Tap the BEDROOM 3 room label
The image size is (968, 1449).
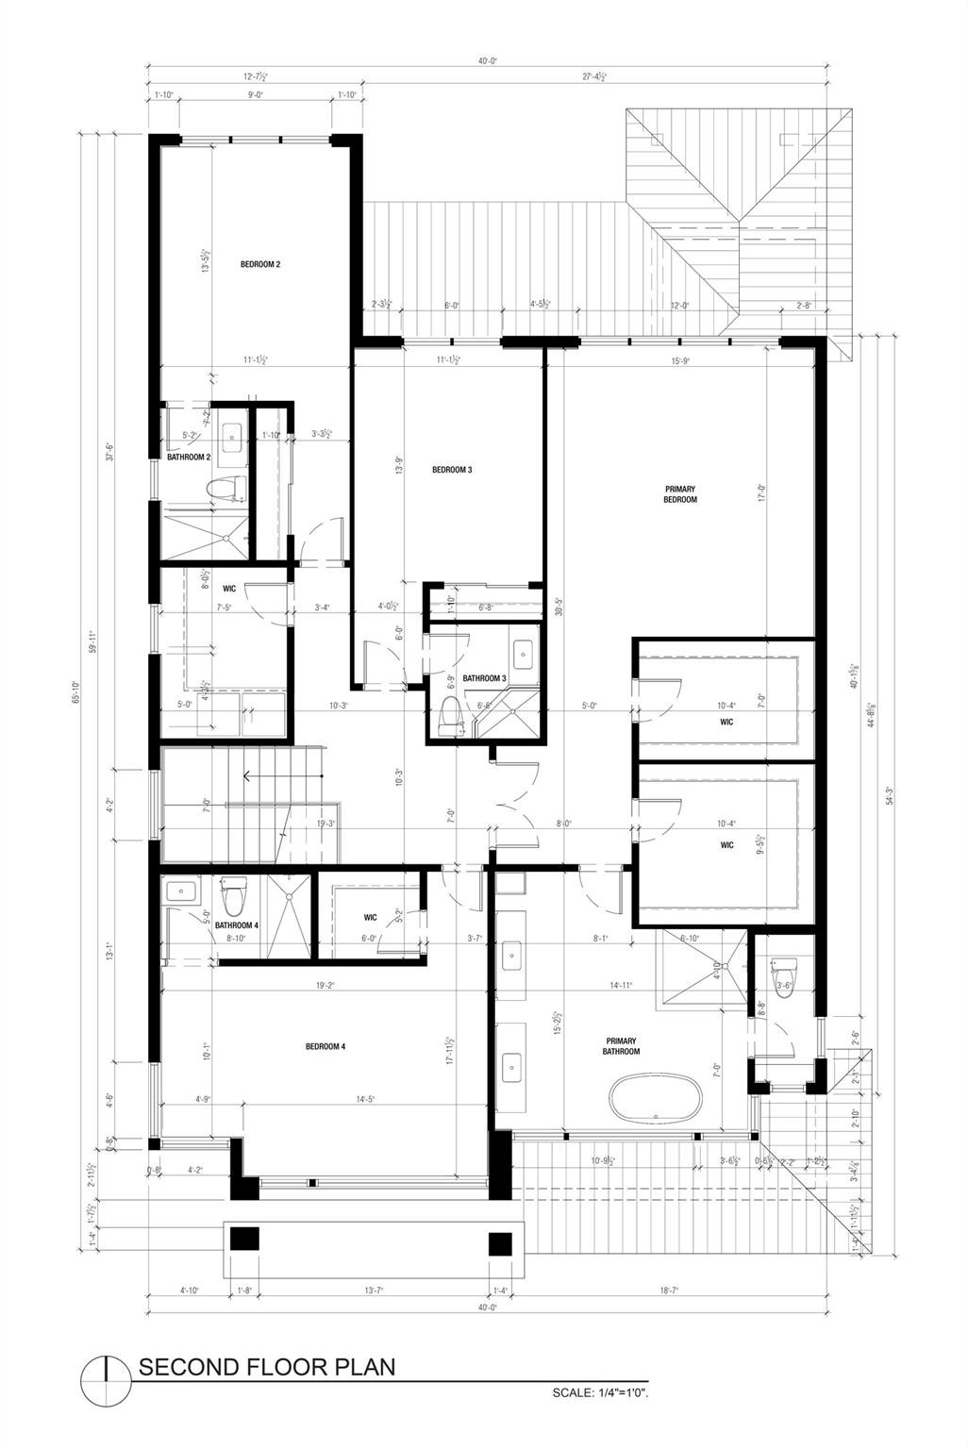452,470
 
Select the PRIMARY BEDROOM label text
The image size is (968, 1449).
680,494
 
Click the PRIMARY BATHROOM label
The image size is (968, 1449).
622,1046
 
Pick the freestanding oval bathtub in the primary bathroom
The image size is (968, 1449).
655,1100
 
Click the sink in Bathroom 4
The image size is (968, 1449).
179,890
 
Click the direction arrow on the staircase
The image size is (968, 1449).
248,777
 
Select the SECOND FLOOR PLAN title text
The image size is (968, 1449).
267,1367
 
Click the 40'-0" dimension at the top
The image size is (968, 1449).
488,60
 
